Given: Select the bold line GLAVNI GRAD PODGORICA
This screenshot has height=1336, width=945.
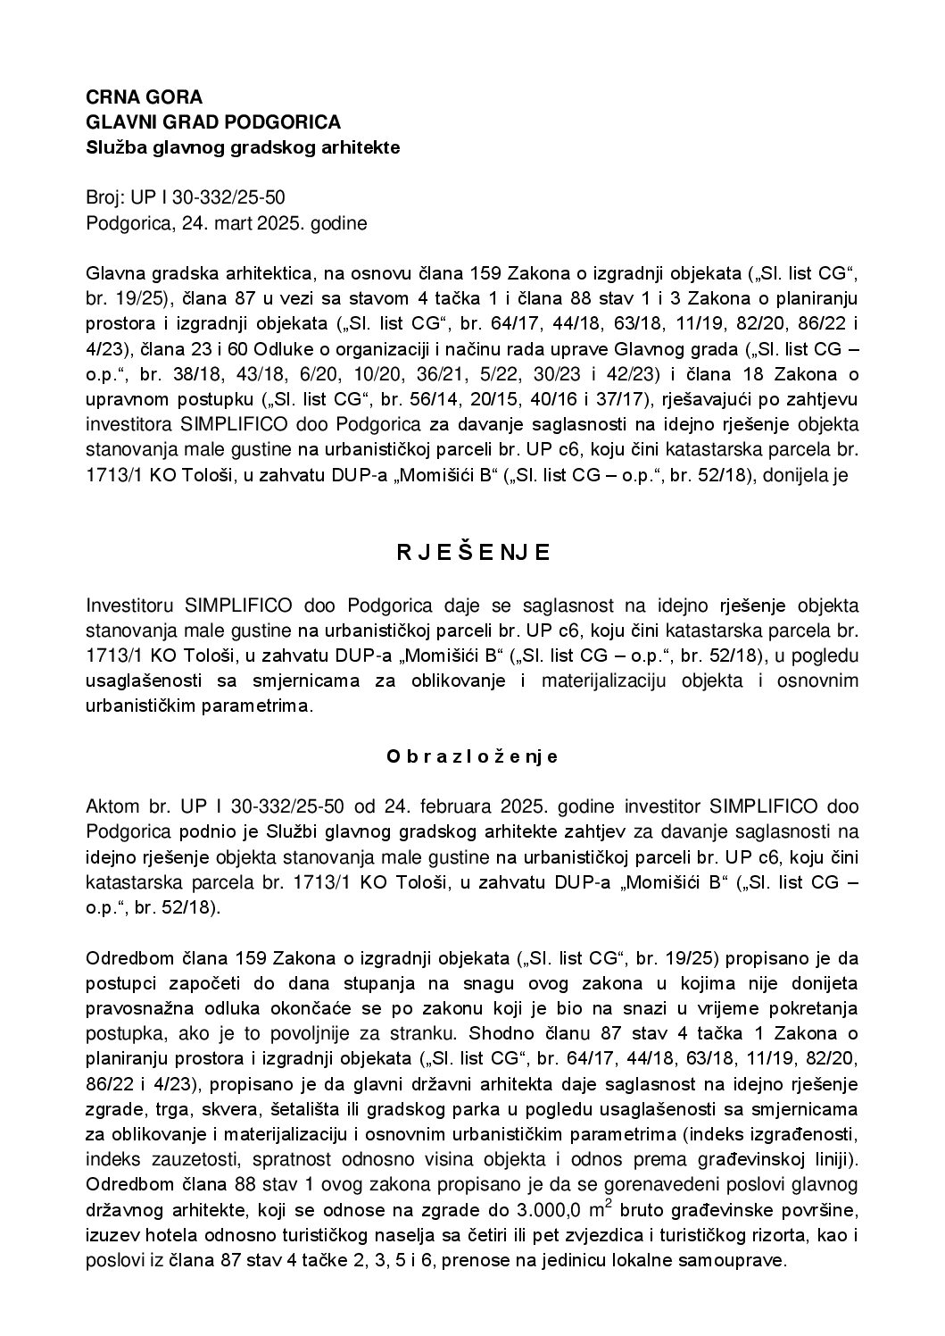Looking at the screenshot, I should pos(213,122).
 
